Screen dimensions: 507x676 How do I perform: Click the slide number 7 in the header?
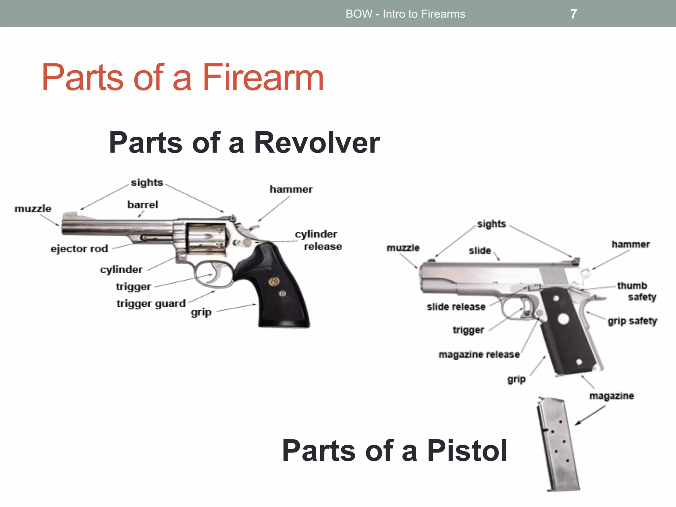pyautogui.click(x=574, y=14)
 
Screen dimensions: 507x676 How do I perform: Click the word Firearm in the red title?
pyautogui.click(x=263, y=78)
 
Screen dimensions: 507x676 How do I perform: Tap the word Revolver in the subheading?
pyautogui.click(x=317, y=143)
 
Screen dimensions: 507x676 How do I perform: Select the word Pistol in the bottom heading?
pyautogui.click(x=467, y=451)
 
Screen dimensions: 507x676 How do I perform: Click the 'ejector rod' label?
pyautogui.click(x=79, y=249)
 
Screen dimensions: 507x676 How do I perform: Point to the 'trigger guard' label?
pyautogui.click(x=151, y=303)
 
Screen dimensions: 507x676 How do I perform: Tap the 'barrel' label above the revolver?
pyautogui.click(x=143, y=205)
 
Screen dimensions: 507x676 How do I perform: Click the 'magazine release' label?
pyautogui.click(x=479, y=355)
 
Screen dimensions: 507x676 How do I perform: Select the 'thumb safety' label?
pyautogui.click(x=636, y=291)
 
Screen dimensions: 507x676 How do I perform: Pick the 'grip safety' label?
pyautogui.click(x=632, y=321)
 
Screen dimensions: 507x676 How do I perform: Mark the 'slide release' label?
pyautogui.click(x=456, y=307)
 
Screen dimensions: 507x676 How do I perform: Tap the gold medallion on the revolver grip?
pyautogui.click(x=274, y=282)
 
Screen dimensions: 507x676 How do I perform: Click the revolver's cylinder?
pyautogui.click(x=205, y=238)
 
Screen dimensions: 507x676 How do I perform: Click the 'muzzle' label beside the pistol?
pyautogui.click(x=403, y=248)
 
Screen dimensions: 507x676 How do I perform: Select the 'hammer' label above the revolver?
pyautogui.click(x=291, y=189)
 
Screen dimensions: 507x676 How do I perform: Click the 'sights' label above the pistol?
pyautogui.click(x=491, y=224)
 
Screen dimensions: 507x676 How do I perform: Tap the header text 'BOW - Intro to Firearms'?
pyautogui.click(x=405, y=14)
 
